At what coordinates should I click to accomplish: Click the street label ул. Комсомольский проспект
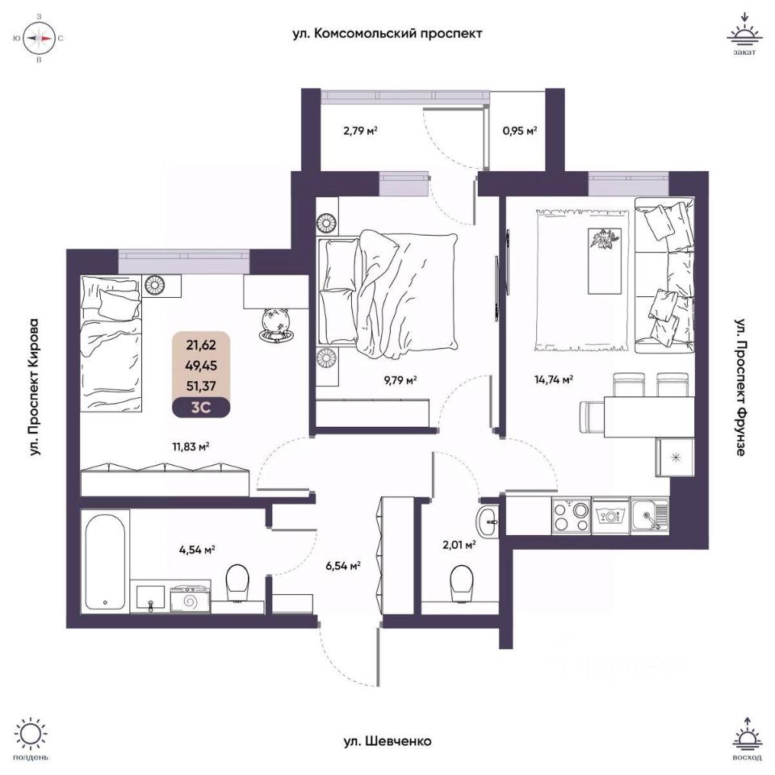(387, 34)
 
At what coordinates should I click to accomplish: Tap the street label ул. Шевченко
(387, 741)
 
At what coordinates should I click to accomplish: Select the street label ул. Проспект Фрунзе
(739, 387)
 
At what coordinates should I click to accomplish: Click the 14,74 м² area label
(555, 379)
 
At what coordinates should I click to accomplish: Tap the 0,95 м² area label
(520, 130)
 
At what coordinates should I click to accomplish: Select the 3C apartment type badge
(200, 407)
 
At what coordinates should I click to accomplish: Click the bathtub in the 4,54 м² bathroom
(106, 559)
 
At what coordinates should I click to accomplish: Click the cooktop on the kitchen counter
(572, 513)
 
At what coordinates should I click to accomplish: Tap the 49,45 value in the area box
(200, 364)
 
